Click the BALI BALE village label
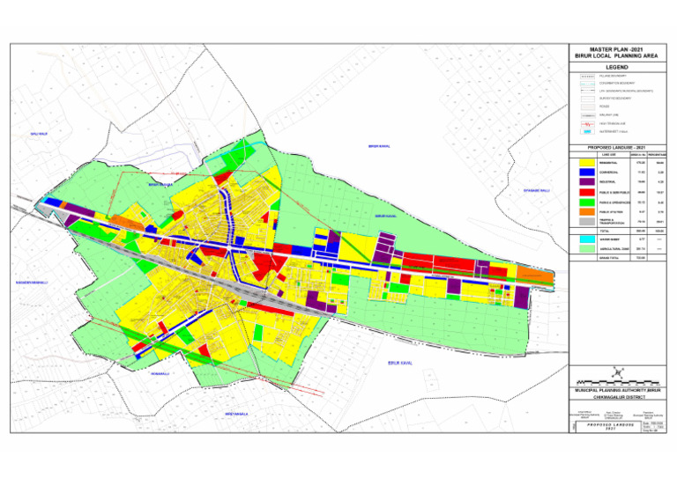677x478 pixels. [x=38, y=133]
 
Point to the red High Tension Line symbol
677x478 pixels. [x=587, y=124]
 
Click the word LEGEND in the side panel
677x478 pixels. [x=616, y=66]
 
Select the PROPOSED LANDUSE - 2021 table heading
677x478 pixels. [x=616, y=146]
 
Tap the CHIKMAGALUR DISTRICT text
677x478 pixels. [x=616, y=396]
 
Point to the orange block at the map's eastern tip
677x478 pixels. [x=547, y=277]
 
